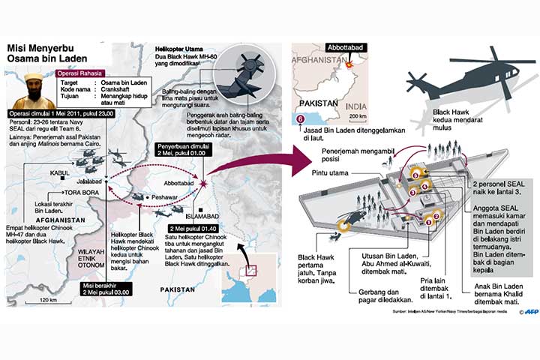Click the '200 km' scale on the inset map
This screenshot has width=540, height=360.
point(358,116)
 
